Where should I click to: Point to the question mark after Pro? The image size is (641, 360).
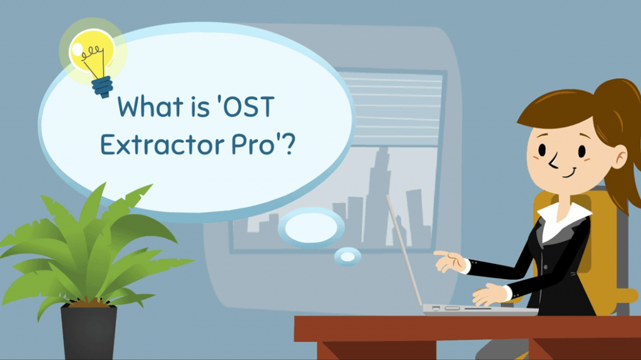click(287, 145)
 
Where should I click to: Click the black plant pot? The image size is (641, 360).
click(88, 332)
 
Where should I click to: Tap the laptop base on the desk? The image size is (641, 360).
click(476, 309)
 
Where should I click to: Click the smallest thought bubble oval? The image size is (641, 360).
click(347, 255)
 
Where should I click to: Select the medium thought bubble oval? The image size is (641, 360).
click(311, 227)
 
